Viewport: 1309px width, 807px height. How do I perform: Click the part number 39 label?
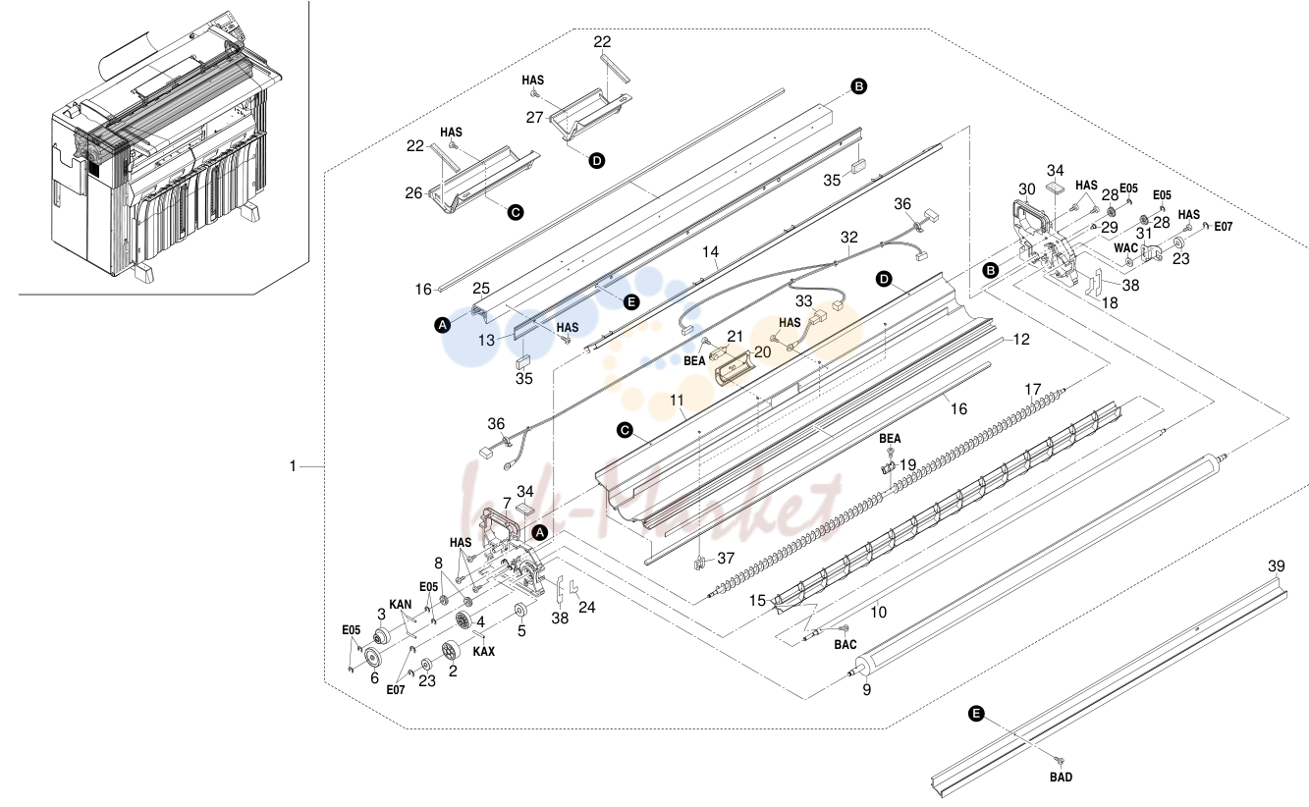(1277, 565)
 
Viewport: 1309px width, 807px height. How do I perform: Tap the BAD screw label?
(1061, 778)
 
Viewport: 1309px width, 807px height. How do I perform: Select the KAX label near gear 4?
(484, 652)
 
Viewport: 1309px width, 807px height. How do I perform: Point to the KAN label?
(401, 604)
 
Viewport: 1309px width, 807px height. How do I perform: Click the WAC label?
(1125, 247)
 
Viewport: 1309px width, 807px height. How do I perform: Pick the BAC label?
(845, 645)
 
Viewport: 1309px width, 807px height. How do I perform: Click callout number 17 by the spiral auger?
(1033, 389)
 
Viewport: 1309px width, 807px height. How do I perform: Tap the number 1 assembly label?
(293, 466)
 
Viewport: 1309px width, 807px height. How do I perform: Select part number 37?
(726, 558)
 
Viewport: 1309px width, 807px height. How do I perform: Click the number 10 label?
(878, 612)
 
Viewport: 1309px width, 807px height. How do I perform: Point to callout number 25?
(481, 288)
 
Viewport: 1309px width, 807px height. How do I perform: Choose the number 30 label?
(1027, 189)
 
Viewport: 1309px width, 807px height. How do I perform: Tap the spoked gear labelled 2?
(451, 649)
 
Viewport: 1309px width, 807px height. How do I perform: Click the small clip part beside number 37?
(699, 564)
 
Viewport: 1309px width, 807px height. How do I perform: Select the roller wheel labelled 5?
(520, 612)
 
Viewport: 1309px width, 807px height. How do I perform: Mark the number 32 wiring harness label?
(849, 238)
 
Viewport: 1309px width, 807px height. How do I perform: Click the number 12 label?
(1021, 339)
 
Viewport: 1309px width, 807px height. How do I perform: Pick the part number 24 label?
(586, 607)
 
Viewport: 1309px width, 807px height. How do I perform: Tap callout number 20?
(763, 351)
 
